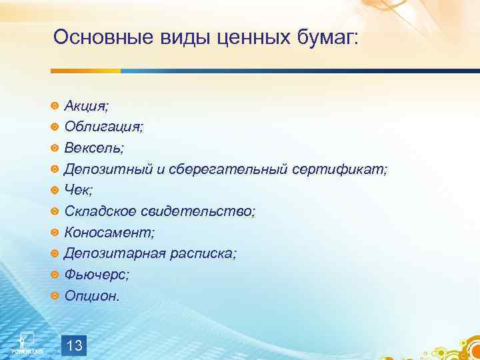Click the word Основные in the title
pos(103,37)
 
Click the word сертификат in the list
pos(339,169)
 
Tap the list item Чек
pos(79,190)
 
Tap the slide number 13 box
pos(75,345)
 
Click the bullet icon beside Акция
pos(55,105)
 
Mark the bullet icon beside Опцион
pos(55,296)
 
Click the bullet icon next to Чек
pos(55,190)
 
